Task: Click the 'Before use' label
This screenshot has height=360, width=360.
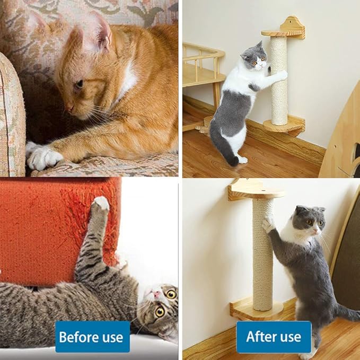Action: [x=92, y=337]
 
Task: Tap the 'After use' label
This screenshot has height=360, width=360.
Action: [x=274, y=337]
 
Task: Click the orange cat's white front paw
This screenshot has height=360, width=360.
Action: [x=43, y=157]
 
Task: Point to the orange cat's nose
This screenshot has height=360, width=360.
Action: [x=69, y=107]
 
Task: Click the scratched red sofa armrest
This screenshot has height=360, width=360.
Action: [x=53, y=228]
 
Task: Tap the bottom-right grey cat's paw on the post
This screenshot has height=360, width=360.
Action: [x=269, y=225]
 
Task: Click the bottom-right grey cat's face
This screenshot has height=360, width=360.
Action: [x=310, y=222]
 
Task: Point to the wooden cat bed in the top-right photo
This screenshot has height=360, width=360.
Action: [x=201, y=66]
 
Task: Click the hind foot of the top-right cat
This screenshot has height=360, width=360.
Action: [x=242, y=159]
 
